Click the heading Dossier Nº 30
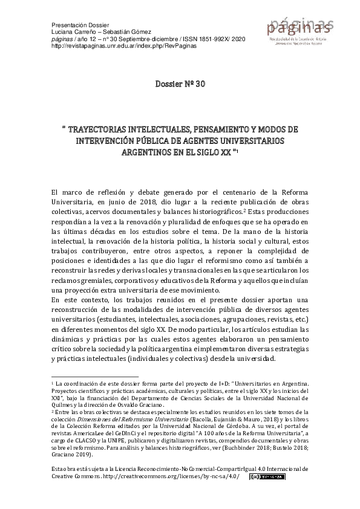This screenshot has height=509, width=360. [x=180, y=83]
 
